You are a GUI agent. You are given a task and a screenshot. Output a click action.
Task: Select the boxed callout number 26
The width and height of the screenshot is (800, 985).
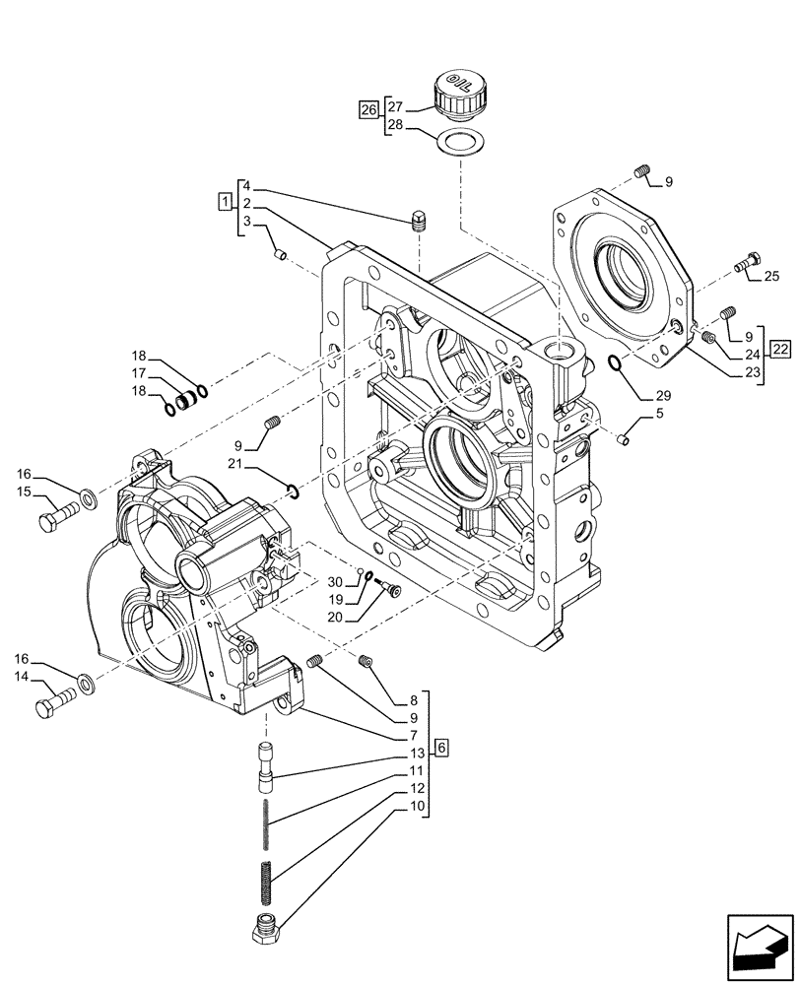(x=367, y=109)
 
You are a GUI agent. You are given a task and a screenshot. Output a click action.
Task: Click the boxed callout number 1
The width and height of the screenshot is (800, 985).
(x=226, y=203)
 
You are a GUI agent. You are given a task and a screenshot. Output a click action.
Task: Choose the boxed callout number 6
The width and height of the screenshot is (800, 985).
(x=441, y=748)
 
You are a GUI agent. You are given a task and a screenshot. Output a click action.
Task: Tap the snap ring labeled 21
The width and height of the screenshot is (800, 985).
(x=292, y=491)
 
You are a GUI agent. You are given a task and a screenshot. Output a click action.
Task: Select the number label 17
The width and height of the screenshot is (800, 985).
(x=139, y=373)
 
